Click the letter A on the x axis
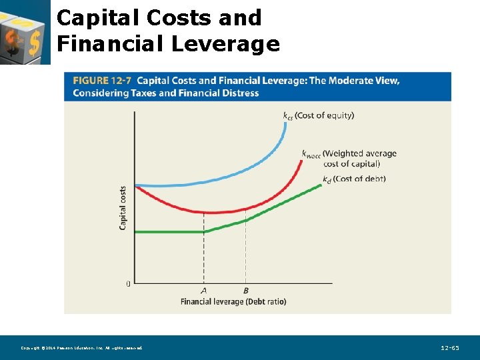(x=203, y=291)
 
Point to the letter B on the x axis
(x=245, y=291)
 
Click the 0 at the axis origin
(x=128, y=284)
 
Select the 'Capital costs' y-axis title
(x=123, y=208)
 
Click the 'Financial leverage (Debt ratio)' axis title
(x=233, y=301)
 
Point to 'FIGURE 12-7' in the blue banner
(x=101, y=81)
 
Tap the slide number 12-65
(x=450, y=348)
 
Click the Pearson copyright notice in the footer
(x=81, y=348)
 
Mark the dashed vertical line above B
(x=245, y=257)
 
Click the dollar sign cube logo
(x=24, y=32)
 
